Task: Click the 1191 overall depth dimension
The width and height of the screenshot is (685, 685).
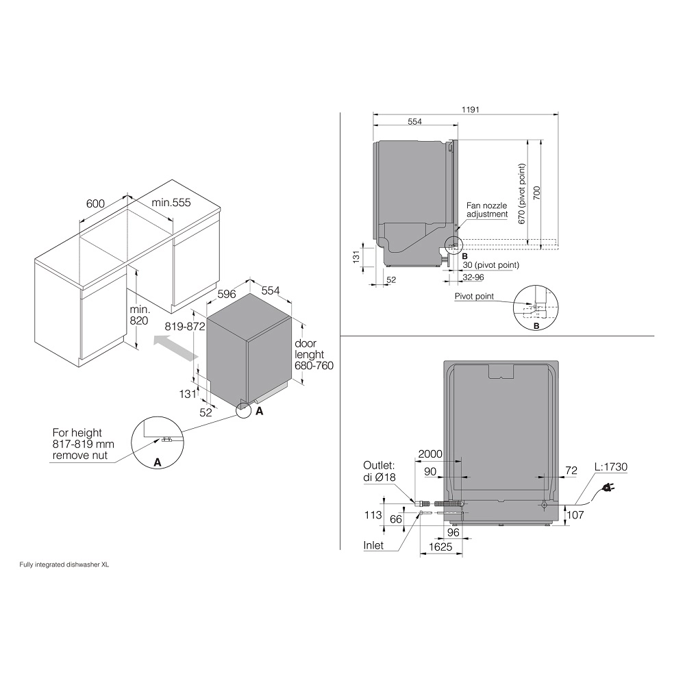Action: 470,110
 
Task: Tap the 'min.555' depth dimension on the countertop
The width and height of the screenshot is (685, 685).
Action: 171,203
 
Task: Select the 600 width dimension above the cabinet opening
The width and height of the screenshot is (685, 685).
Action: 95,203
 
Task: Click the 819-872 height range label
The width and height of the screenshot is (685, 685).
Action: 185,326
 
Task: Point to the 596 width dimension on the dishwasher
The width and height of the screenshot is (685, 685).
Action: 227,294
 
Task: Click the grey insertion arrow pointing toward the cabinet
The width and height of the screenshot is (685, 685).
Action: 175,347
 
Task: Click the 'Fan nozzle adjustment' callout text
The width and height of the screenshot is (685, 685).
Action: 486,210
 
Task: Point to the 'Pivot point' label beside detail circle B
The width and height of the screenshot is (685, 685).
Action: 474,296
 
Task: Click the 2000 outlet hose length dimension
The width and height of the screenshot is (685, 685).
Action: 430,454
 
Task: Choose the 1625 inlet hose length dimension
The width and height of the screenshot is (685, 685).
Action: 440,547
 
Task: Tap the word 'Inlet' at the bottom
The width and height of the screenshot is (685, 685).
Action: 373,545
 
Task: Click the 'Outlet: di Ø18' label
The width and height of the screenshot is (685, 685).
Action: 379,471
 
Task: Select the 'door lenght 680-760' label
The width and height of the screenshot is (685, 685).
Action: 314,354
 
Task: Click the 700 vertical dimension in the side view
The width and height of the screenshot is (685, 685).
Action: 537,193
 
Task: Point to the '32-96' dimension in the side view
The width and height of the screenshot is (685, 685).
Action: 473,277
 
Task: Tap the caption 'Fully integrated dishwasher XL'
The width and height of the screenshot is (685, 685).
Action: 64,564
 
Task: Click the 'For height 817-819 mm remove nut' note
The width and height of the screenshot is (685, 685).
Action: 83,444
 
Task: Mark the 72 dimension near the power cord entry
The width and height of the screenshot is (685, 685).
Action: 571,471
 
